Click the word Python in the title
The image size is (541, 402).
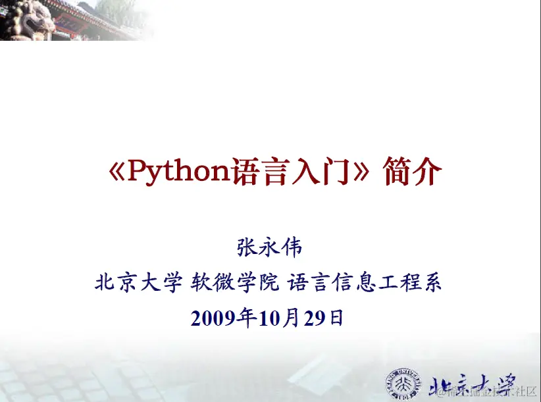(x=177, y=172)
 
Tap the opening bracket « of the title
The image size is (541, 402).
(x=116, y=172)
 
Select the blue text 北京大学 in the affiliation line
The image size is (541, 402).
(x=138, y=284)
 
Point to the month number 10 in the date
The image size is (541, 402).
(x=270, y=318)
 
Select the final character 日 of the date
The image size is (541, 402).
(x=336, y=318)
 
